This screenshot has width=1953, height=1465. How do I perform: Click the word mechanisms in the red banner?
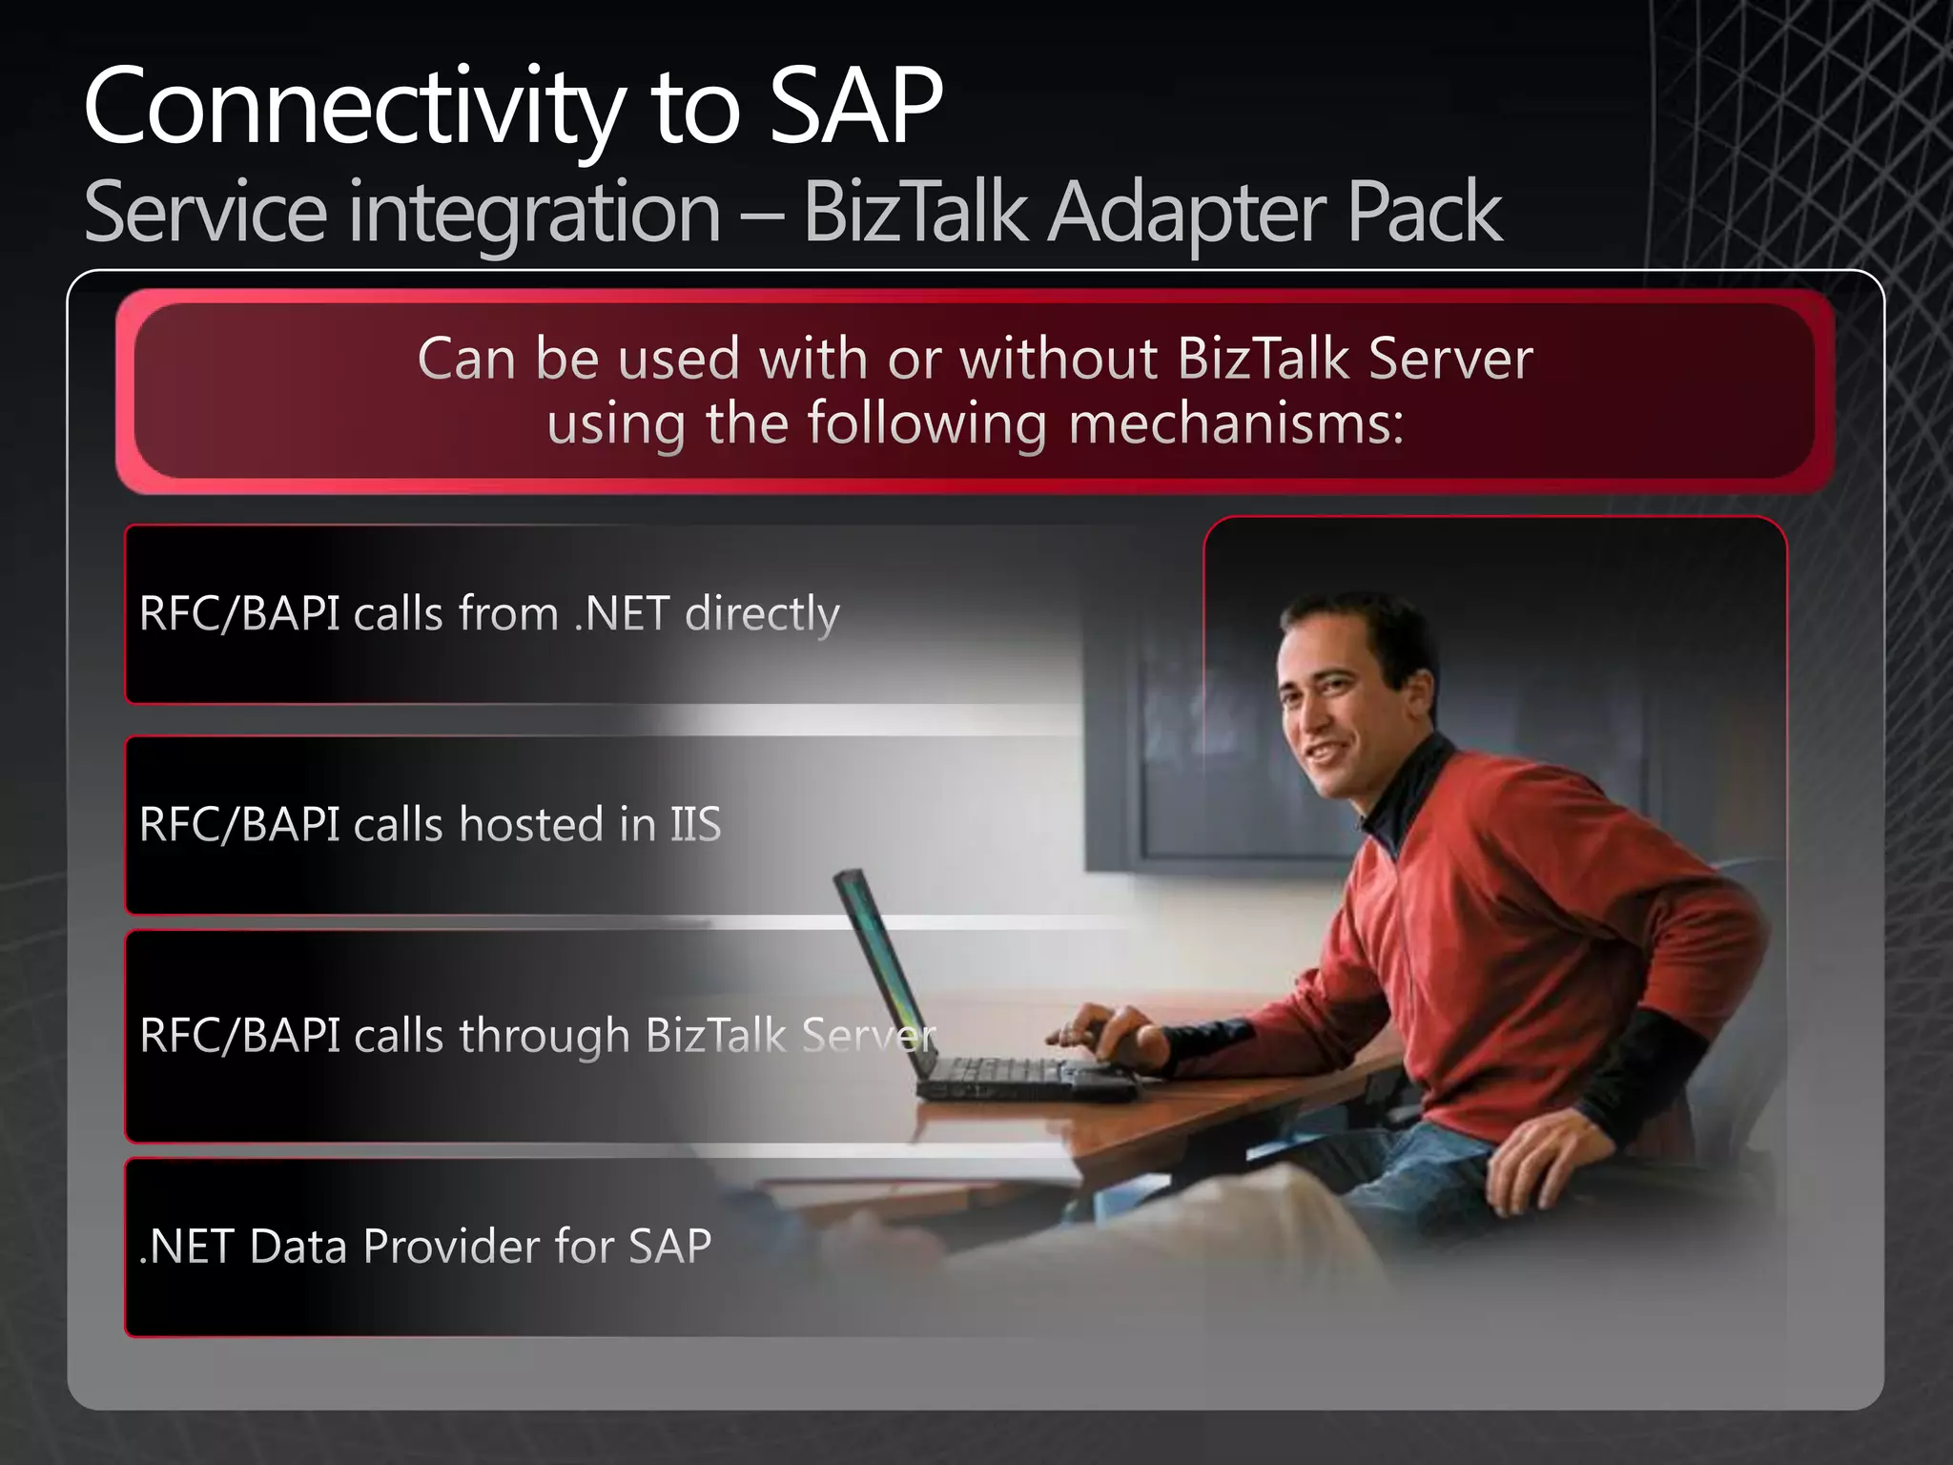[x=1236, y=423]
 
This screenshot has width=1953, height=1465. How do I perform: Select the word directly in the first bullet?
[x=762, y=613]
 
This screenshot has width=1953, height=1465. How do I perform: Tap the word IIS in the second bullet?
[x=695, y=824]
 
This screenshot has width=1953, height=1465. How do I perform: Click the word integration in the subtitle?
[x=534, y=213]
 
